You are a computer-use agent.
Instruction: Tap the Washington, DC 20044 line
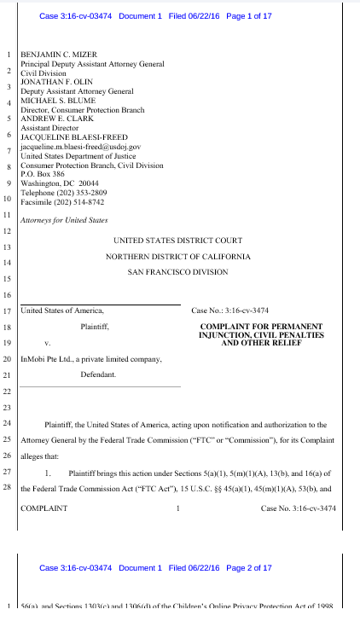(x=59, y=183)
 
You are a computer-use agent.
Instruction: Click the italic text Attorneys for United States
(x=64, y=220)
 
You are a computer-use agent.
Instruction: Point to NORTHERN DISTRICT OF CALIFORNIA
(x=178, y=257)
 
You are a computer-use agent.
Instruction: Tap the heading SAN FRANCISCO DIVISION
(x=178, y=272)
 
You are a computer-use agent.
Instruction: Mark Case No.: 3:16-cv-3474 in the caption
(x=230, y=310)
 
